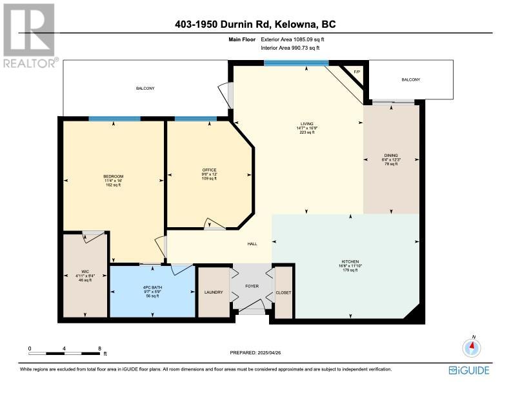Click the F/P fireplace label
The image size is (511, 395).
357,72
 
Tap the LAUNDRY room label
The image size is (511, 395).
214,292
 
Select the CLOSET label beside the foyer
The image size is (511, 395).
283,292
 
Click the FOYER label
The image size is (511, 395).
252,286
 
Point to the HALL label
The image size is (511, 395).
252,244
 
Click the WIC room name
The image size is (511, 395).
85,272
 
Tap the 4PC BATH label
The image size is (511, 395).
152,288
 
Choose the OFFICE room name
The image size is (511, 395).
209,170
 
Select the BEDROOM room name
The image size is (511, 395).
114,177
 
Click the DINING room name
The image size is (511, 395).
391,156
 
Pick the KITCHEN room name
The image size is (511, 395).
350,261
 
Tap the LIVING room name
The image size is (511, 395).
306,124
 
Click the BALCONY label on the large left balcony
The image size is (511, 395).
145,88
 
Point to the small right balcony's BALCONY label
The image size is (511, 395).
411,79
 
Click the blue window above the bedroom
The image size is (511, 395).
115,119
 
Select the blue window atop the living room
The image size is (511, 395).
296,63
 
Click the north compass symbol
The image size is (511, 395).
472,347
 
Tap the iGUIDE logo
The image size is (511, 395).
469,370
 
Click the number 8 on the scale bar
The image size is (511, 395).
100,349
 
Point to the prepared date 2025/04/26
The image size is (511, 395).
269,352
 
